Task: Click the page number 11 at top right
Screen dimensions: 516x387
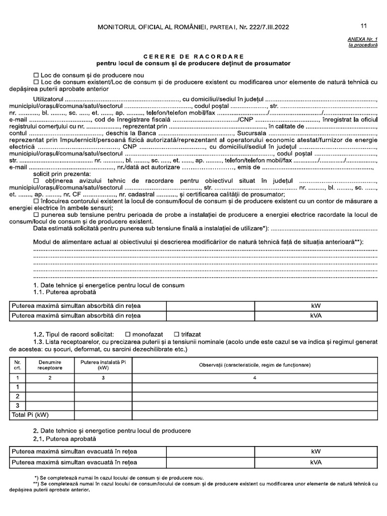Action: click(364, 26)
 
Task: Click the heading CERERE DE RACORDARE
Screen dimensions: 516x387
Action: click(193, 56)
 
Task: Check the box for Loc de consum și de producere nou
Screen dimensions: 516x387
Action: click(36, 75)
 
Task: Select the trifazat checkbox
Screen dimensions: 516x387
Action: click(176, 334)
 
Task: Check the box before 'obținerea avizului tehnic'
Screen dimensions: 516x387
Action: click(36, 180)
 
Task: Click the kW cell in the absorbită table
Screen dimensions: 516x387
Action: click(316, 306)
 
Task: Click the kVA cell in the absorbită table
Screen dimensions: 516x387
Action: click(316, 316)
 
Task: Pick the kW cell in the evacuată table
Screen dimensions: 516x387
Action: click(316, 451)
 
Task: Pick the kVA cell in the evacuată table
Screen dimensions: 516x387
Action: click(316, 462)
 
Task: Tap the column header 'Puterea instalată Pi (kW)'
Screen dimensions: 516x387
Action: click(102, 365)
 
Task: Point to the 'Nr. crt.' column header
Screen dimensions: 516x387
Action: click(18, 365)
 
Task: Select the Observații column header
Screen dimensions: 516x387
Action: click(254, 365)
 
